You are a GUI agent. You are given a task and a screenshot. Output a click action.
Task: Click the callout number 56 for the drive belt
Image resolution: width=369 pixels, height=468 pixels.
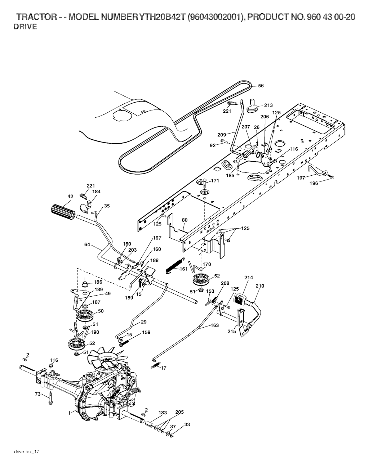[261, 86]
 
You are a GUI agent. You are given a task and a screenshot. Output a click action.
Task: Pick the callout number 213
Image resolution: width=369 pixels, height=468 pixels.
[268, 105]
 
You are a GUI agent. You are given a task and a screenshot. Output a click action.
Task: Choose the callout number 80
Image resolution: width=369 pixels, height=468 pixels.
[184, 220]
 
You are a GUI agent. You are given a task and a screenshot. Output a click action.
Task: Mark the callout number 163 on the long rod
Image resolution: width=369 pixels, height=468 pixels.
[214, 325]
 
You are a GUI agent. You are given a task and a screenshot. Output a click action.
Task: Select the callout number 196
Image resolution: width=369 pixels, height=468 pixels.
[314, 183]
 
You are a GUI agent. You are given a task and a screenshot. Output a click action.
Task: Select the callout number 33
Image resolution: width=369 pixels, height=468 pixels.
[187, 424]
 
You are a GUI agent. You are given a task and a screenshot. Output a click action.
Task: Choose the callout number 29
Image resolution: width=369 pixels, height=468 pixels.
[143, 321]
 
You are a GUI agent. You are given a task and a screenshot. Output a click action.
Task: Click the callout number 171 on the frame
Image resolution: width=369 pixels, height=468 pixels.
[215, 181]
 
